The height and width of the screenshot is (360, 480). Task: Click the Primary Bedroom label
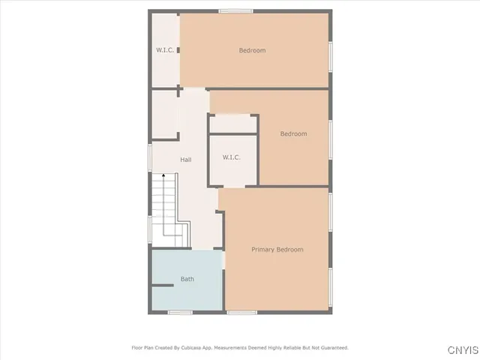coord(277,249)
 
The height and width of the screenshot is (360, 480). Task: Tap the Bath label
coord(187,279)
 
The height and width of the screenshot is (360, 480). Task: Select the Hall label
coord(186,160)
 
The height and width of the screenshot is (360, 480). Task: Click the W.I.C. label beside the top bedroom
coord(165,50)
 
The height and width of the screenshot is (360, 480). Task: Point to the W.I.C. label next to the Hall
coord(231,157)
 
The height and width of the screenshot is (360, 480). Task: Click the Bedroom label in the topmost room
coord(252,50)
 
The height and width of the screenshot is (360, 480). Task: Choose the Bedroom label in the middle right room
coord(293,134)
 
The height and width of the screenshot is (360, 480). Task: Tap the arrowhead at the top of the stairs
coord(165,175)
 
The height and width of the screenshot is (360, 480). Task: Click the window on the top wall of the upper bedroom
coord(235,11)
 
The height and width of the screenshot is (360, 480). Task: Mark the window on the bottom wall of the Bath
coord(180,312)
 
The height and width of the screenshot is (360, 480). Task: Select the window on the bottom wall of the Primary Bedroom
coord(241,312)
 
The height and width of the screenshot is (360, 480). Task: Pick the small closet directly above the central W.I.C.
coord(232,124)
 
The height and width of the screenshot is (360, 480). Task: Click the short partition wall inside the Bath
coord(163,285)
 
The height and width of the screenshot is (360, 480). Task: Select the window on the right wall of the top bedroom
coord(330,56)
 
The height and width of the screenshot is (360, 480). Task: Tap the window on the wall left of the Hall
coord(149,157)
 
